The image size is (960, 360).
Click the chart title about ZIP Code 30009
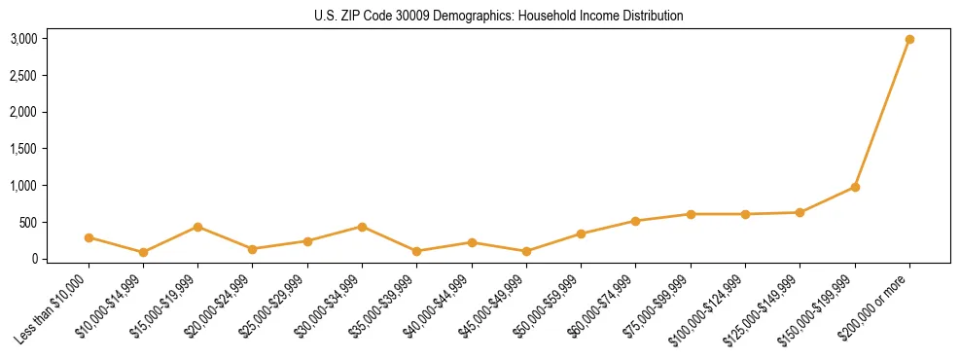[499, 16]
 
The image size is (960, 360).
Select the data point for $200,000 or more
[909, 40]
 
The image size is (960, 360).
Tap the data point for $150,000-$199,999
[855, 187]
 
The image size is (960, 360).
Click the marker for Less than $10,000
[89, 237]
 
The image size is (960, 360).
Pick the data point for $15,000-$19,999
[198, 227]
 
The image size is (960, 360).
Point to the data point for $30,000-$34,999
[362, 227]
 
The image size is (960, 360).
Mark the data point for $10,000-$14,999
[143, 252]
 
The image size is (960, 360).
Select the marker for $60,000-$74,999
[636, 221]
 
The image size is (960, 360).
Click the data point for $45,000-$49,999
[526, 251]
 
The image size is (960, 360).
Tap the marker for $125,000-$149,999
[800, 212]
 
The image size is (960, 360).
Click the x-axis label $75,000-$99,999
[658, 306]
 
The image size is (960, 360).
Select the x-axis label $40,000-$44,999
[439, 306]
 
